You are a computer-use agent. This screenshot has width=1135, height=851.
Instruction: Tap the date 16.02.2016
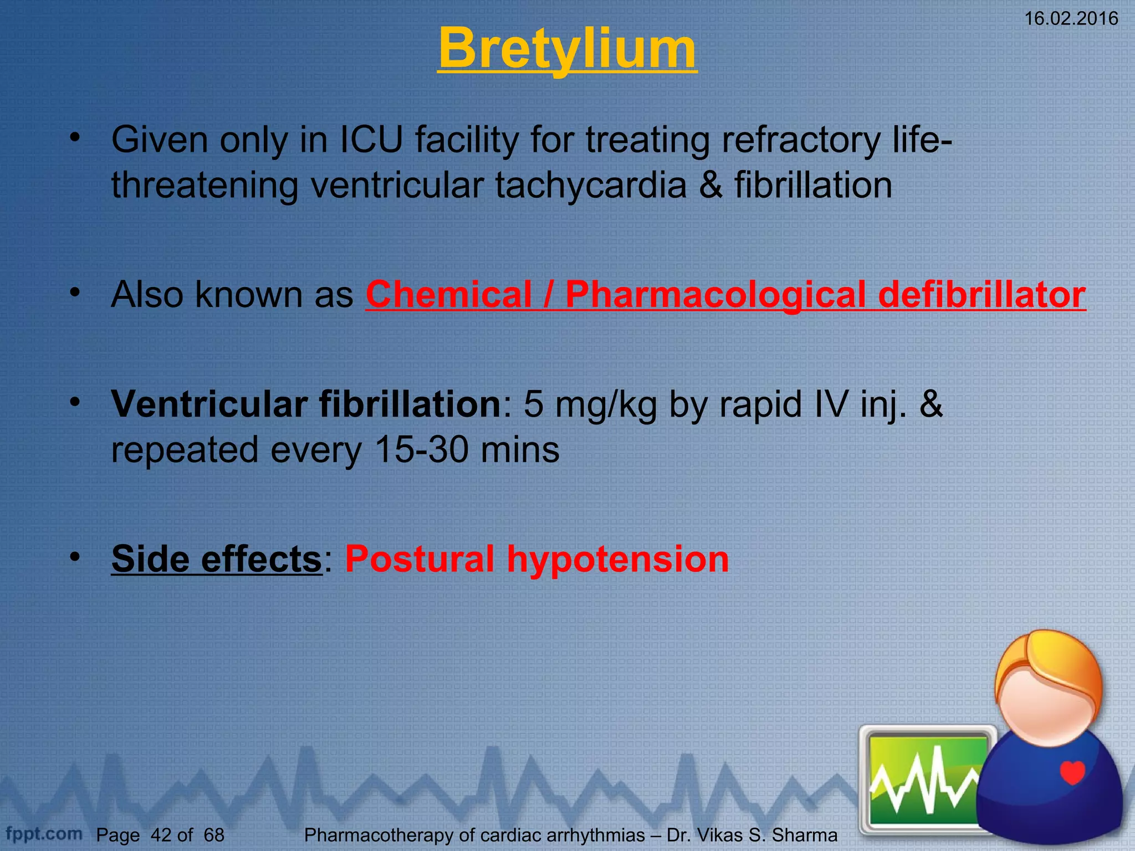[x=1071, y=19]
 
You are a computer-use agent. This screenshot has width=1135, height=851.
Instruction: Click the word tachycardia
[x=591, y=185]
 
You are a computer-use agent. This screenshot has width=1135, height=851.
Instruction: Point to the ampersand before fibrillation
[x=710, y=185]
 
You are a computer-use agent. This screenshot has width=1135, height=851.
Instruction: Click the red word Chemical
[x=448, y=294]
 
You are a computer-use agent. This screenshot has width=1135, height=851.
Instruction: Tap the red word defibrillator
[x=981, y=294]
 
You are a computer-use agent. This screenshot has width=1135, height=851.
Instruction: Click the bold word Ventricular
[x=208, y=404]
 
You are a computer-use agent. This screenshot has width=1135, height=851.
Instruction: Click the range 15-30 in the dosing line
[x=421, y=449]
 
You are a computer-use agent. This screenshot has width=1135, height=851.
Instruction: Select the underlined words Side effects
[x=216, y=558]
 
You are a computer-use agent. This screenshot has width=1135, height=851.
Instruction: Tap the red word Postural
[x=419, y=558]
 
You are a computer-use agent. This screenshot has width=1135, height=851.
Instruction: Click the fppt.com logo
[x=43, y=833]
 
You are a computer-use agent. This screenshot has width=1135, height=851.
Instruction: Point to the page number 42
[x=161, y=835]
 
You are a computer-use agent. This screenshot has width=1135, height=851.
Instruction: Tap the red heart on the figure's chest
[x=1072, y=772]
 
